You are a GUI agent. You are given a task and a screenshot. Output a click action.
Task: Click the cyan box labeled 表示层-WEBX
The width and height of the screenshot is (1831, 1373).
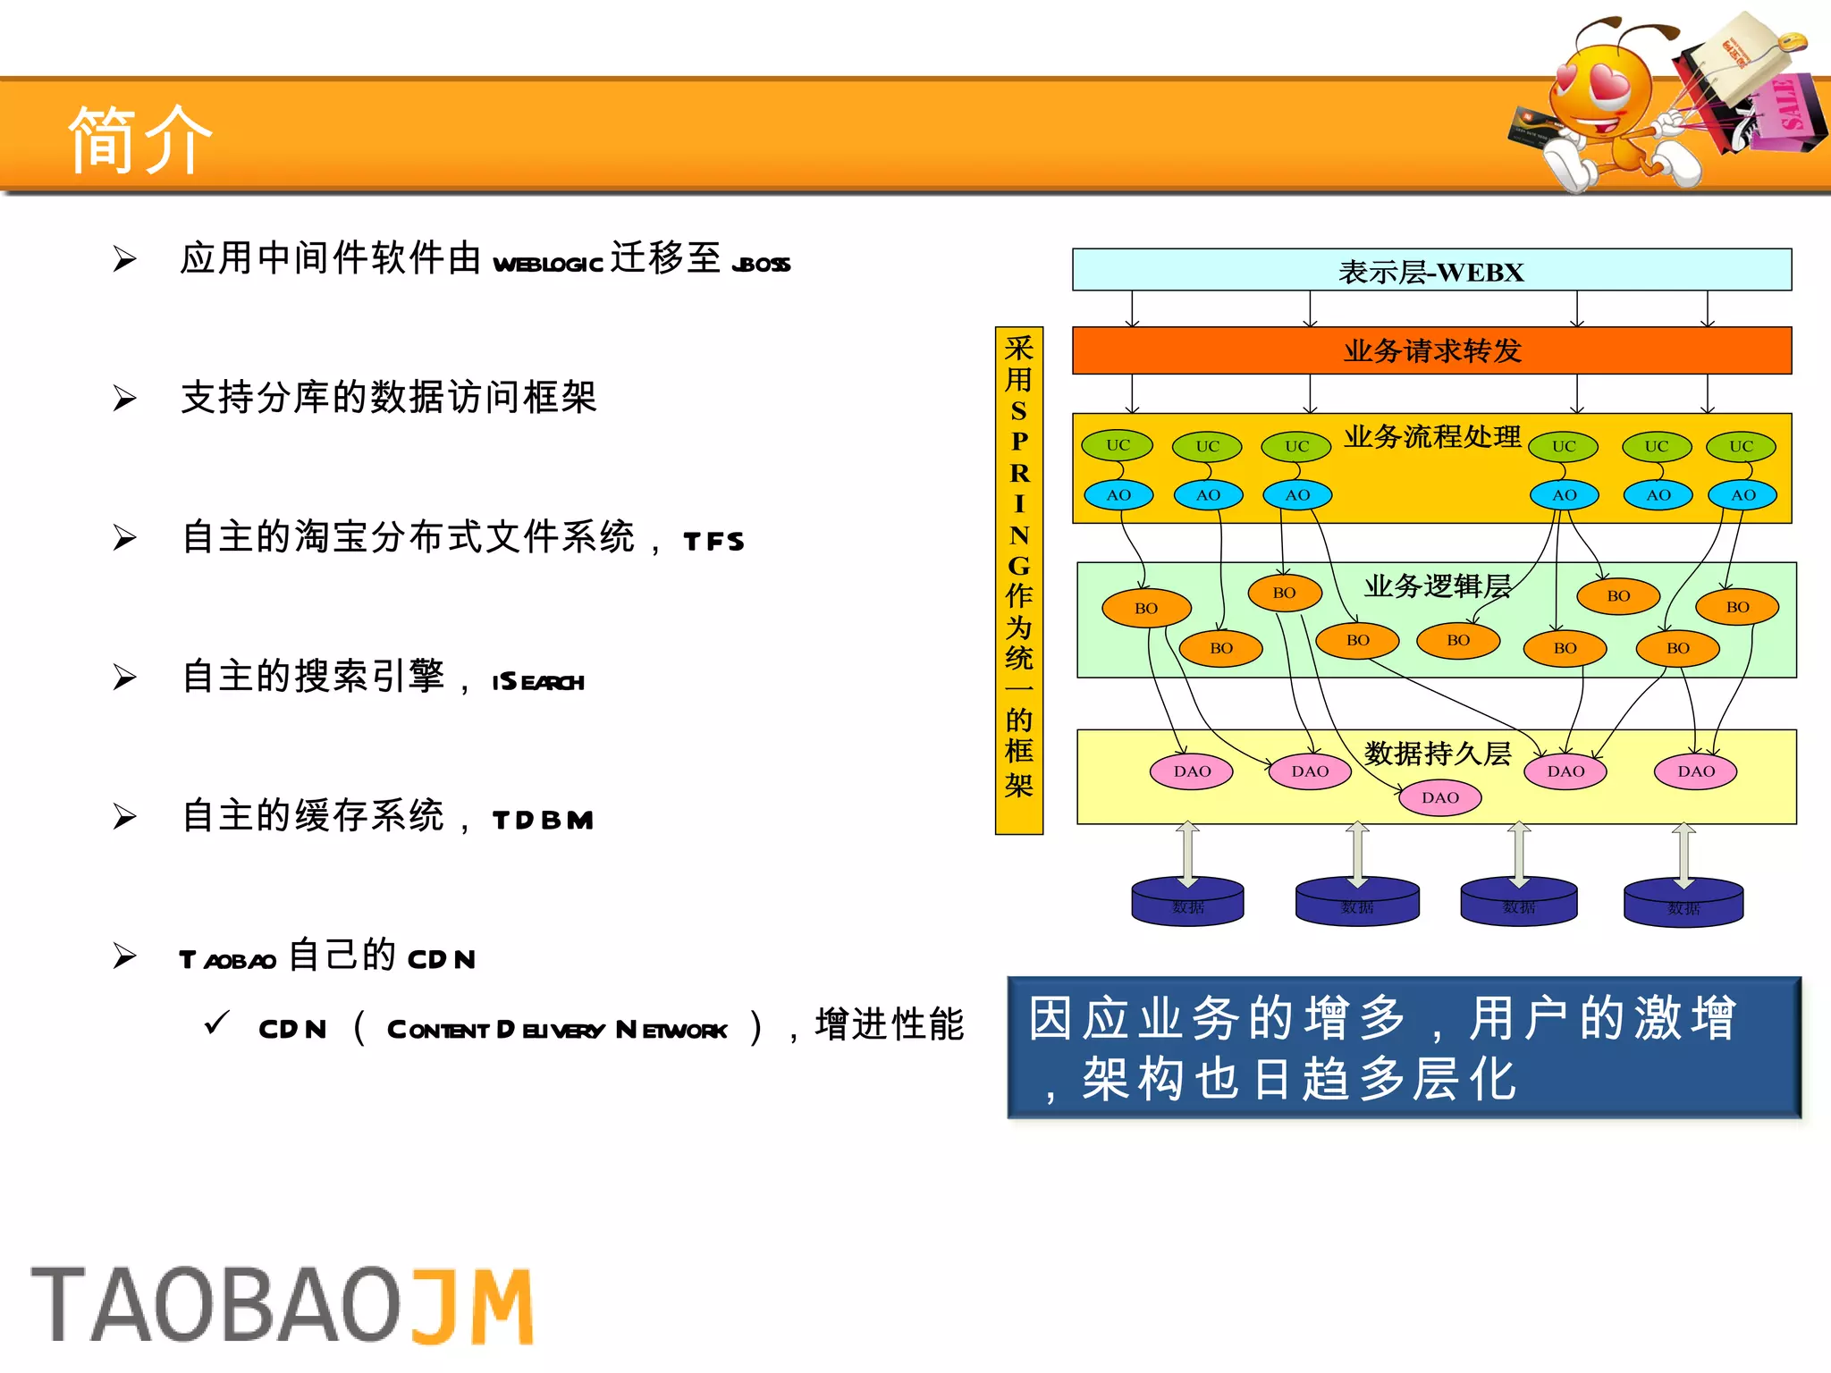pos(1430,270)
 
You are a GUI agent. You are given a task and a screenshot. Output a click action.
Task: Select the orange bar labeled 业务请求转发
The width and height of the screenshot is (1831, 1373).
pos(1430,350)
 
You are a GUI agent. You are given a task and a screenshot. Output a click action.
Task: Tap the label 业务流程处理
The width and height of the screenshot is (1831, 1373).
pos(1432,436)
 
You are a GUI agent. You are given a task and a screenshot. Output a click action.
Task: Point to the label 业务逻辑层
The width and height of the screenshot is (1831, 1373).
pos(1437,585)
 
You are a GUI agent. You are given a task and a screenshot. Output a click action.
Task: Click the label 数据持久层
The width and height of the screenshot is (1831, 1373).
pos(1437,753)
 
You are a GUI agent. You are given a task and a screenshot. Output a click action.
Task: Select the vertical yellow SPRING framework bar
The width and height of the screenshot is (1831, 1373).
pos(1018,580)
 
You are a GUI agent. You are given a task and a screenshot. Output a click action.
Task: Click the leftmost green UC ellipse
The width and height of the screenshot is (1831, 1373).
pos(1118,444)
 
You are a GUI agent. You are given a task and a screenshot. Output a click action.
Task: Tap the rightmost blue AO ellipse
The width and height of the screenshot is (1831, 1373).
pos(1742,494)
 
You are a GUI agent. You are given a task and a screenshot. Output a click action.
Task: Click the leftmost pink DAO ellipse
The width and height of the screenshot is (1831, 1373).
pos(1192,771)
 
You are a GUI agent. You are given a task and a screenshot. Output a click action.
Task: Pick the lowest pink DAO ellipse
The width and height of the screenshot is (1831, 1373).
pos(1439,797)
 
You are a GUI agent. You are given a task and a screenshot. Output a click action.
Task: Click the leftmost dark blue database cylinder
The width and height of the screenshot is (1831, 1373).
pos(1187,903)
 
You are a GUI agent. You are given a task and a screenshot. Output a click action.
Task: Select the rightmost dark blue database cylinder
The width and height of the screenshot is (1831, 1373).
pos(1683,904)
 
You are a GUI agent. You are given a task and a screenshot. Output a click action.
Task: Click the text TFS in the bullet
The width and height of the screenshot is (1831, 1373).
pos(713,541)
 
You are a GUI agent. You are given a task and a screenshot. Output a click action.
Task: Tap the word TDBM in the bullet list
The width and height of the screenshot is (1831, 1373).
pos(543,820)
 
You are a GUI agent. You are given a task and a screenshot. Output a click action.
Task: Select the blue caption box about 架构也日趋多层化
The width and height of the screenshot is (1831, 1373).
pos(1404,1047)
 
